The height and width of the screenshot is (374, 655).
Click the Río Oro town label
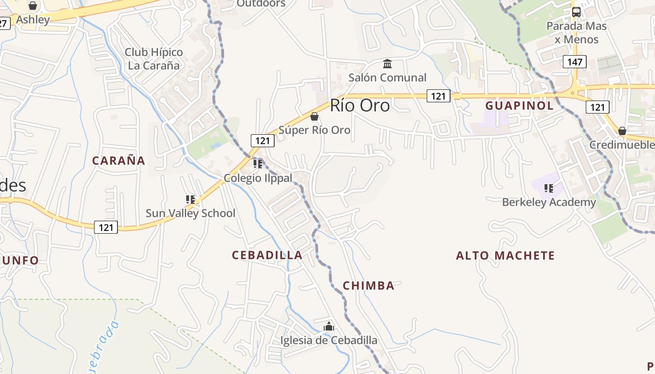click(x=360, y=106)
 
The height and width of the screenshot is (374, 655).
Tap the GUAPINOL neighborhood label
click(x=519, y=106)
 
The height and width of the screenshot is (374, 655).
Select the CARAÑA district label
click(x=118, y=161)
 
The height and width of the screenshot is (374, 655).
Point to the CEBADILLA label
click(x=267, y=255)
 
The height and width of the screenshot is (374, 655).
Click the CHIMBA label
click(x=369, y=286)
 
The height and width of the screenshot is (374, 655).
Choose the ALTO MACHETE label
click(x=505, y=256)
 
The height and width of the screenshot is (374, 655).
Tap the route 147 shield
click(x=575, y=62)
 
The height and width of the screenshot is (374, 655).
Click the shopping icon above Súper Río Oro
click(x=314, y=116)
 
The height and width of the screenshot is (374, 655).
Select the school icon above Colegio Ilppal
click(x=258, y=164)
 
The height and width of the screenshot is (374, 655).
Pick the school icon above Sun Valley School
click(x=190, y=200)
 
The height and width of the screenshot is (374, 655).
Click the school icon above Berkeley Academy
click(x=549, y=188)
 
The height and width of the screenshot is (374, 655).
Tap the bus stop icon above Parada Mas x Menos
click(x=576, y=12)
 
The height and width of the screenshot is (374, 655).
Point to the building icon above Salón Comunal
click(x=387, y=64)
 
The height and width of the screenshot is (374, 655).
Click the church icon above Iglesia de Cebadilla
click(x=329, y=326)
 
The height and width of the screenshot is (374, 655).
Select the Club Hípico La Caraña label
click(x=154, y=59)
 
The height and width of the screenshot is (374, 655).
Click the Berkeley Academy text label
click(x=549, y=202)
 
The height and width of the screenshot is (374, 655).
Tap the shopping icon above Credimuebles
click(x=622, y=131)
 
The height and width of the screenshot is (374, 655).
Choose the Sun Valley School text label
click(x=190, y=214)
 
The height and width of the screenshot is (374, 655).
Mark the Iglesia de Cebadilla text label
click(x=329, y=340)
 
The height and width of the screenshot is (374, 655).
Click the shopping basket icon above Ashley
click(x=33, y=6)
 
